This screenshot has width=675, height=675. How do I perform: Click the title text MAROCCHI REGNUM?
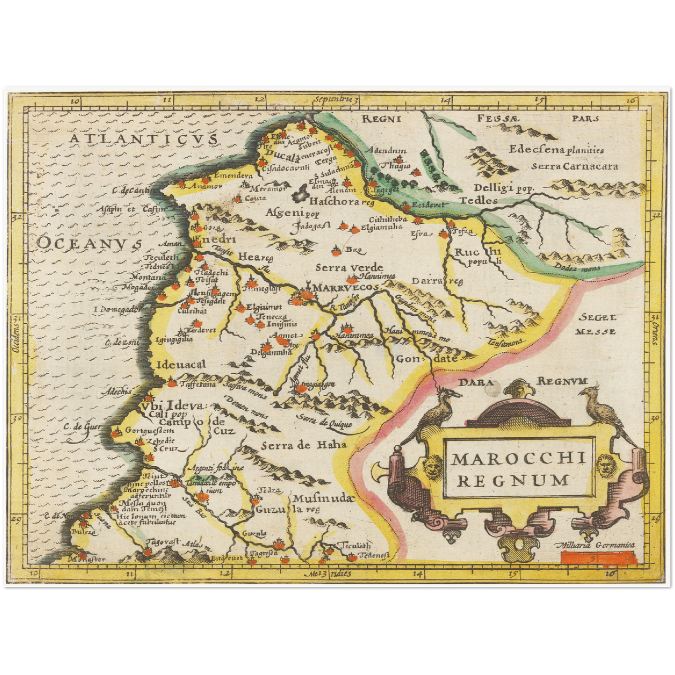518,469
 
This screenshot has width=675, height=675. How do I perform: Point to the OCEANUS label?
89,243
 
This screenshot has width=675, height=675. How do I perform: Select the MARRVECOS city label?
345,288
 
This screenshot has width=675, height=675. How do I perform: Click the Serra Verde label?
349,268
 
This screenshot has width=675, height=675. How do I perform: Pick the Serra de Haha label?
304,445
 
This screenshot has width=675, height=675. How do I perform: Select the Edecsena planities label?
556,149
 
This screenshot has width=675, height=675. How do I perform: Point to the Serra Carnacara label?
574,166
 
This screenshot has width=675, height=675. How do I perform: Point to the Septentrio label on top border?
335,99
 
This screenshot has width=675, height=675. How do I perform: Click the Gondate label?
426,359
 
